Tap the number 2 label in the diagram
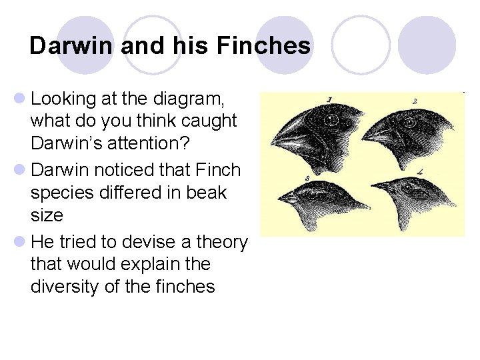click(x=415, y=101)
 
